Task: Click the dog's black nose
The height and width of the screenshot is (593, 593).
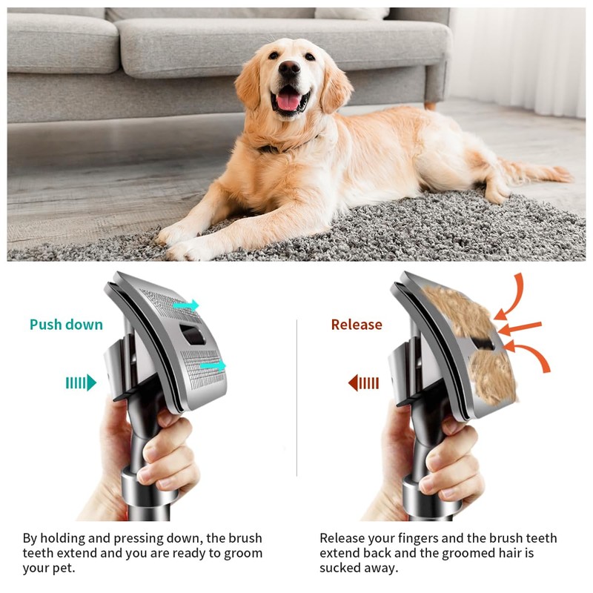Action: pyautogui.click(x=288, y=70)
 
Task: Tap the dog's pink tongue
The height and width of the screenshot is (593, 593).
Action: pyautogui.click(x=288, y=102)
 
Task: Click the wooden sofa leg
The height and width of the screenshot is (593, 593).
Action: pyautogui.click(x=430, y=105)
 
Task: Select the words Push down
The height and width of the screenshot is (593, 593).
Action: pyautogui.click(x=66, y=325)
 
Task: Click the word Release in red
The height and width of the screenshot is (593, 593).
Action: pyautogui.click(x=357, y=325)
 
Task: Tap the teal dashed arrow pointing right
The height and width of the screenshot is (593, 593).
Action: pyautogui.click(x=81, y=382)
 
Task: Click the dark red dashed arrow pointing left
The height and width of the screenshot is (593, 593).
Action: pyautogui.click(x=363, y=382)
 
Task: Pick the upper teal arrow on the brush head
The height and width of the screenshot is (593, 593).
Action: pyautogui.click(x=186, y=305)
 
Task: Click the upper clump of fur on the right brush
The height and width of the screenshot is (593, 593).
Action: pyautogui.click(x=452, y=311)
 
